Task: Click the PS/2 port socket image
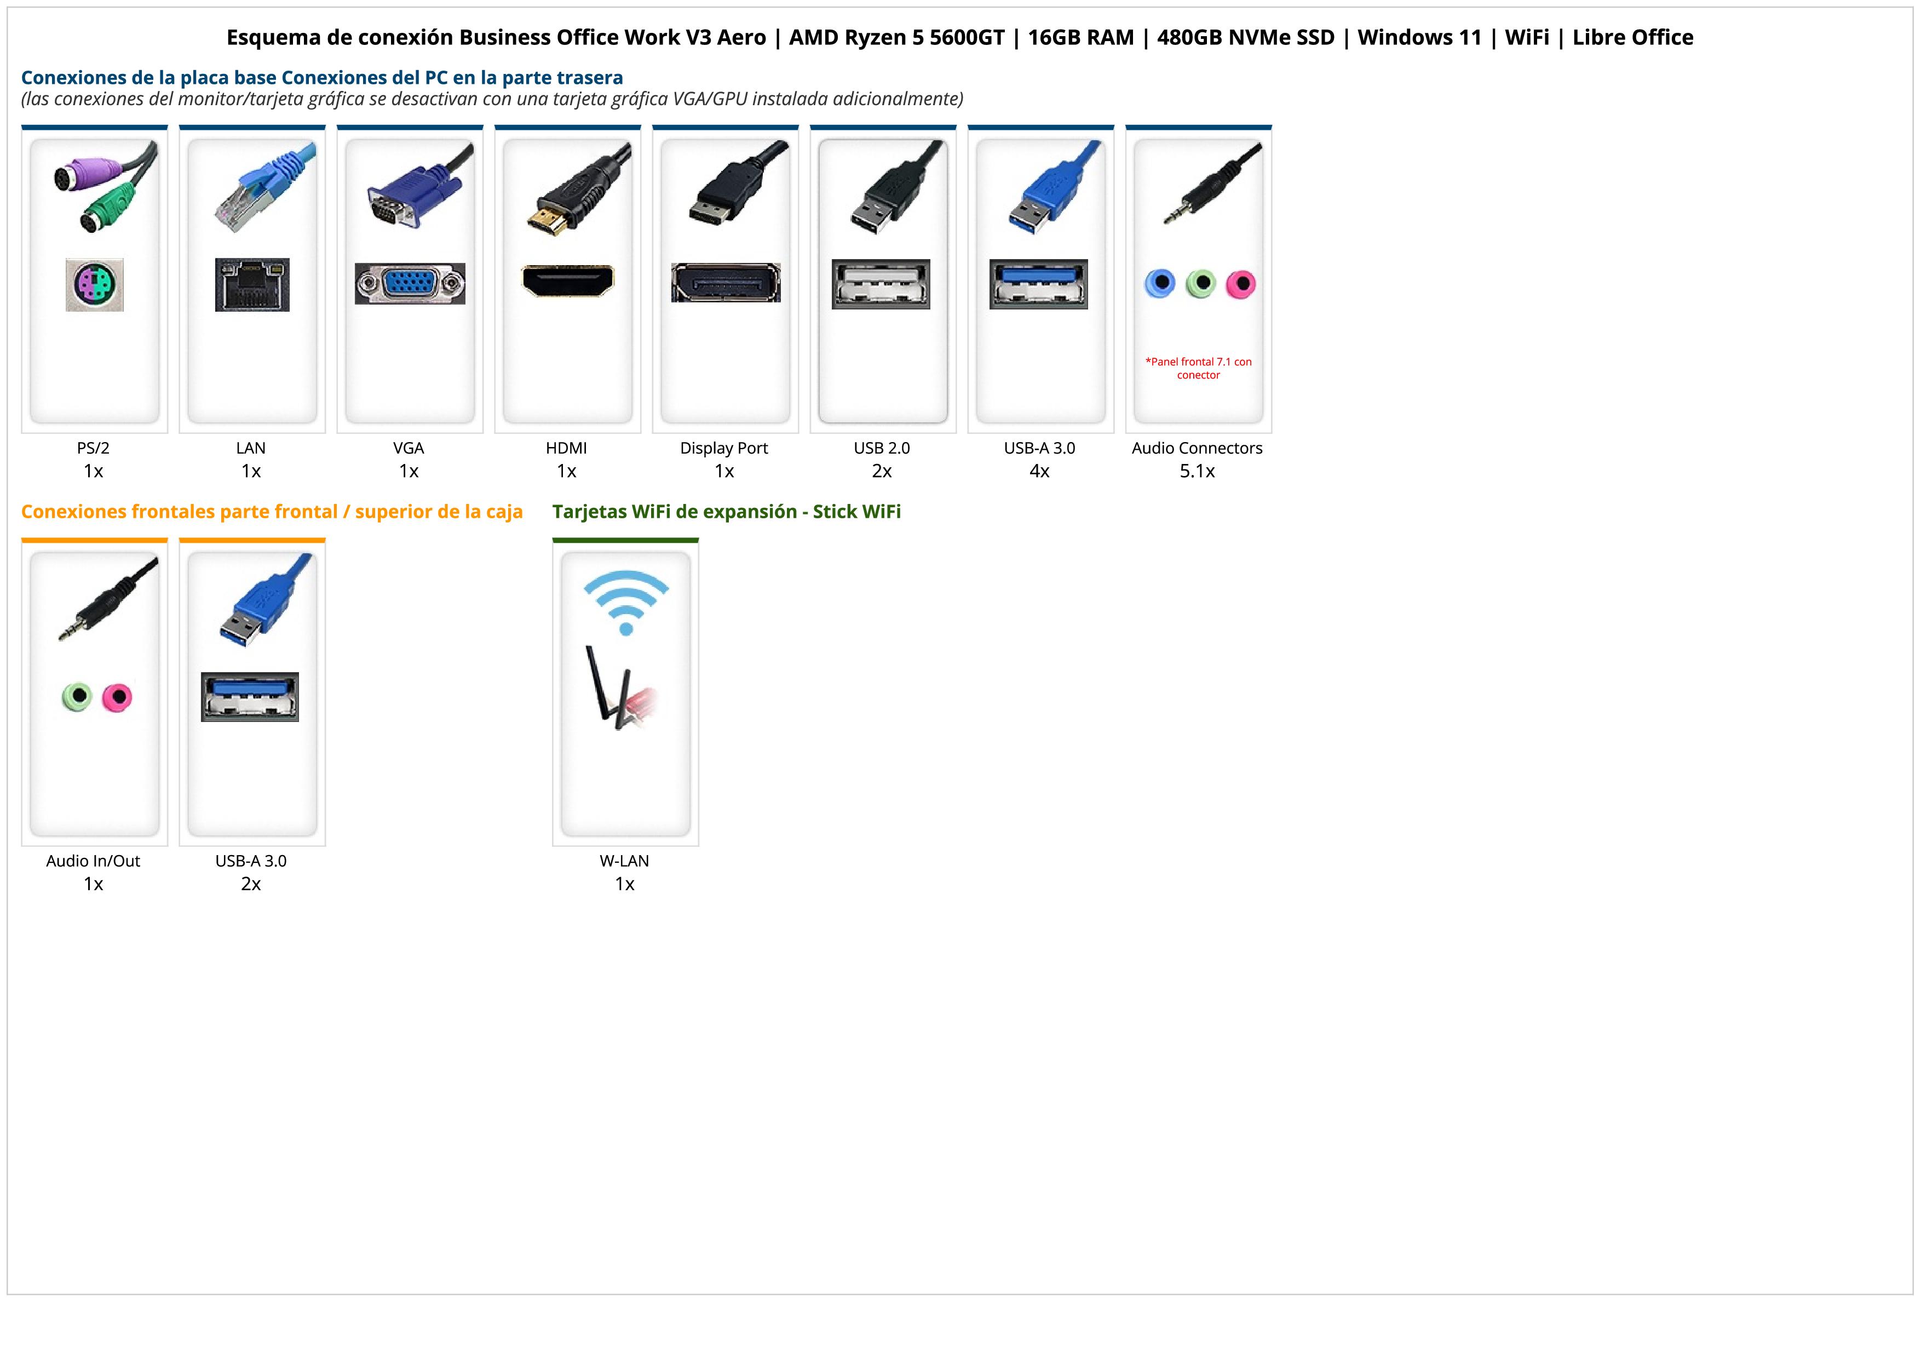click(x=95, y=284)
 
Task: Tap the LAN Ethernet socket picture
click(x=252, y=284)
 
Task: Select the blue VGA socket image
click(x=410, y=284)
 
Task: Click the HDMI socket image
click(x=567, y=280)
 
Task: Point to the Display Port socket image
click(x=726, y=283)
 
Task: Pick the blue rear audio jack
click(x=1160, y=284)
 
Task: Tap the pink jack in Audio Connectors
click(x=1241, y=284)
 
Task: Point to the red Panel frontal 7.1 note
click(x=1198, y=368)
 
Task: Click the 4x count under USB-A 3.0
click(x=1039, y=471)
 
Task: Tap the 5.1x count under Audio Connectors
click(x=1197, y=471)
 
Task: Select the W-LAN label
click(x=624, y=861)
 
